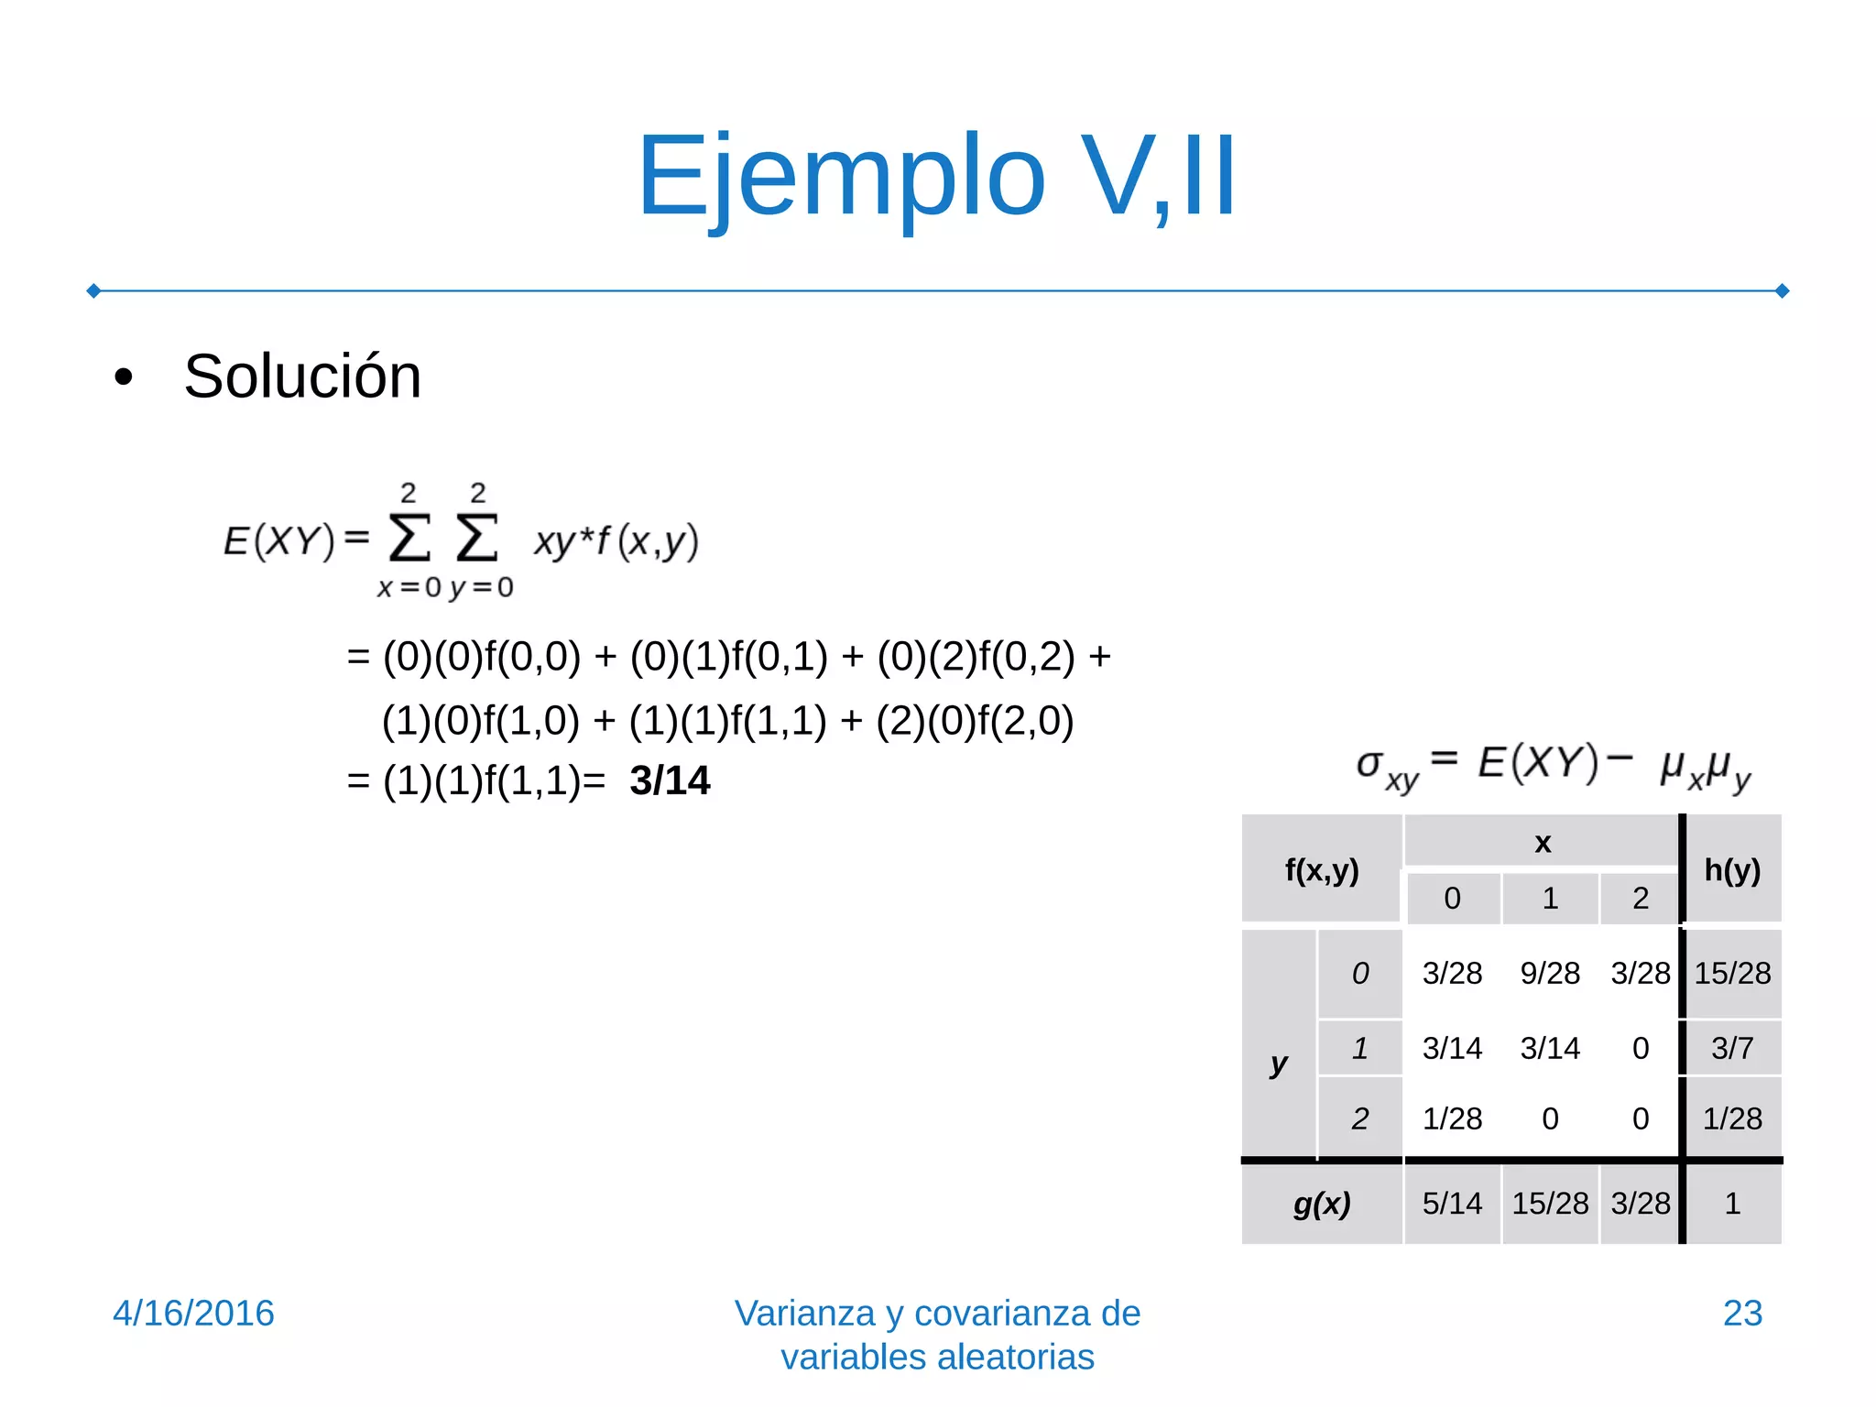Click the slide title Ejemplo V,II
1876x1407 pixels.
pyautogui.click(x=936, y=176)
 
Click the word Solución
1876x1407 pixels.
pyautogui.click(x=302, y=376)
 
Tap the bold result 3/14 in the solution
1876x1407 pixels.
pyautogui.click(x=670, y=781)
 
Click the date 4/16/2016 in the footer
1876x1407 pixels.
pyautogui.click(x=193, y=1313)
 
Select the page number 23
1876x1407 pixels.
pyautogui.click(x=1741, y=1313)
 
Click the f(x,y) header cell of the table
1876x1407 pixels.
pyautogui.click(x=1321, y=870)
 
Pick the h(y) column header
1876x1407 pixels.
pyautogui.click(x=1731, y=869)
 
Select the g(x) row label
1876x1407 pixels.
pyautogui.click(x=1321, y=1204)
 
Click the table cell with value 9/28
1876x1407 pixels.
pyautogui.click(x=1549, y=973)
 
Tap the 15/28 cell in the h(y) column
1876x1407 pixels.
pyautogui.click(x=1731, y=973)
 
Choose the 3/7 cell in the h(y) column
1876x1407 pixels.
pyautogui.click(x=1731, y=1048)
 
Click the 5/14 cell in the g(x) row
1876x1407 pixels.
pyautogui.click(x=1451, y=1204)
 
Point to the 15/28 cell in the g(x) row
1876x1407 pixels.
pyautogui.click(x=1549, y=1204)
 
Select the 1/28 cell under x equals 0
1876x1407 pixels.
pyautogui.click(x=1451, y=1118)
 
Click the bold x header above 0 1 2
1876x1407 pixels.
pyautogui.click(x=1543, y=843)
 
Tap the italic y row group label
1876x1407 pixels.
pyautogui.click(x=1279, y=1064)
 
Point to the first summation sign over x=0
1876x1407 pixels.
pyautogui.click(x=409, y=538)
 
